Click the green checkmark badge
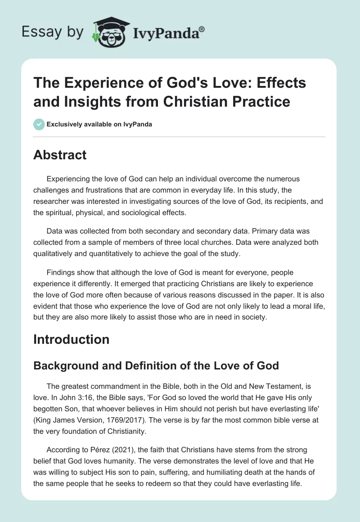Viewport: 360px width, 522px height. (x=39, y=124)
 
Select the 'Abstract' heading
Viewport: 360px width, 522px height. (x=60, y=155)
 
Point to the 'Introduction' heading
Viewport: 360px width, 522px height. (x=71, y=339)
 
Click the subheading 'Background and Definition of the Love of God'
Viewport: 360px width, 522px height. (x=156, y=365)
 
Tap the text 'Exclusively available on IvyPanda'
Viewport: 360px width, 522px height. (x=99, y=124)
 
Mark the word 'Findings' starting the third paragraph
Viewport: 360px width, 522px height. (x=61, y=272)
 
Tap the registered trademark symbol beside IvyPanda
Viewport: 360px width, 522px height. (x=202, y=28)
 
